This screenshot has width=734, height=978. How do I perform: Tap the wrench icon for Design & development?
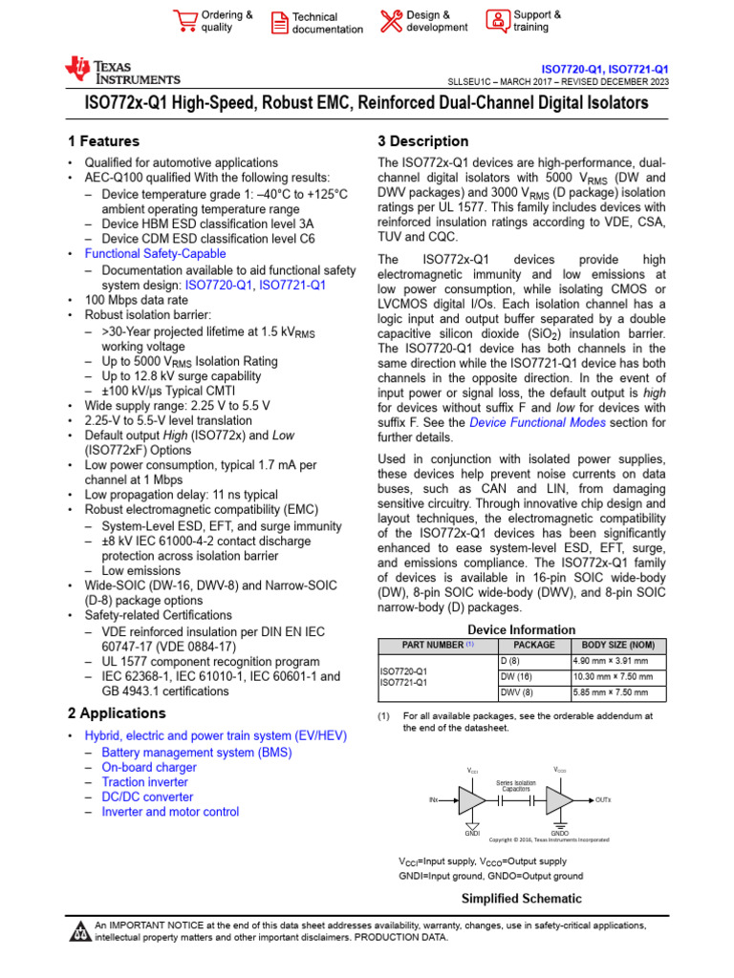tap(391, 21)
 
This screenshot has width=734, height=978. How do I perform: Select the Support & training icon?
tap(497, 21)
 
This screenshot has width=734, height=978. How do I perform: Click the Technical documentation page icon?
tap(279, 23)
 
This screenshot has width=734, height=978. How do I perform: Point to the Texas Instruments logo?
tap(121, 72)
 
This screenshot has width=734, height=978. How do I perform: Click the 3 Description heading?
tap(423, 141)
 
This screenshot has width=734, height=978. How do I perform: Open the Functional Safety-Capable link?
tap(155, 254)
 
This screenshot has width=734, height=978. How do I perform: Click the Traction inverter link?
tap(145, 782)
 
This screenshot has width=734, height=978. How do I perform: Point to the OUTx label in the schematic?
tap(603, 798)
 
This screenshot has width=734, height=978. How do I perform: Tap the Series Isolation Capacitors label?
tap(516, 785)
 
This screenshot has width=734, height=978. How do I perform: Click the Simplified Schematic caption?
tap(522, 899)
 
